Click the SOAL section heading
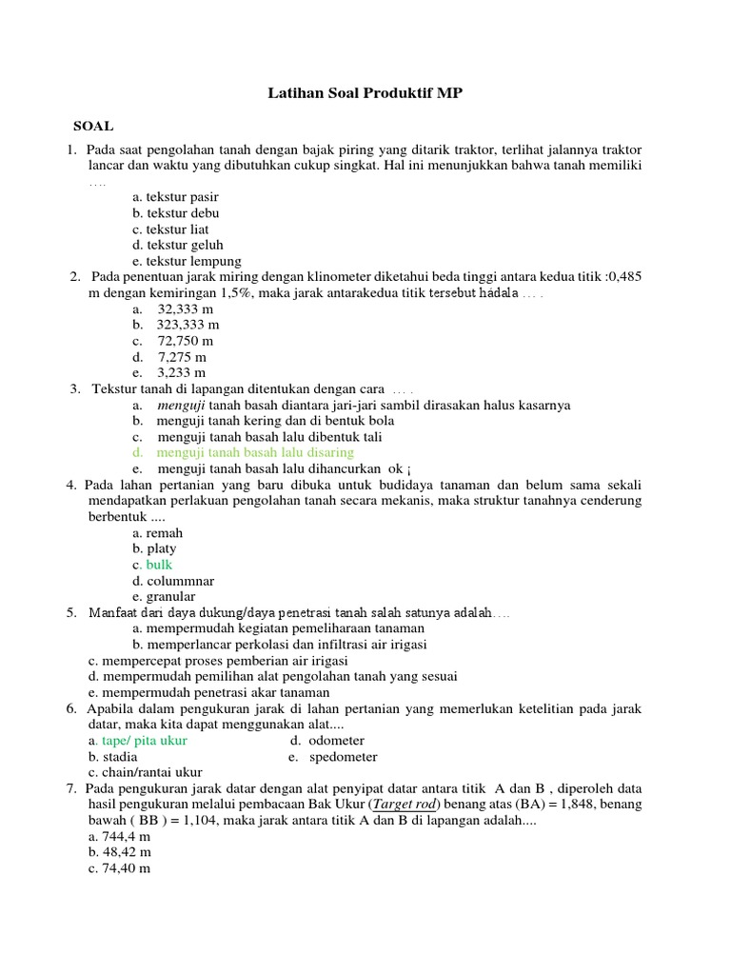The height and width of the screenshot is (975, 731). pos(93,126)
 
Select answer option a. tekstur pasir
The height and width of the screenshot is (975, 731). pos(175,197)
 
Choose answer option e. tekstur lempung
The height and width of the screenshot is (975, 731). pos(187,261)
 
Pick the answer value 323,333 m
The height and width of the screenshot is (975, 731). pos(188,325)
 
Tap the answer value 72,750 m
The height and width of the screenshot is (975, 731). pos(185,341)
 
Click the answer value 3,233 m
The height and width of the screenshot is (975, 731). pos(181,373)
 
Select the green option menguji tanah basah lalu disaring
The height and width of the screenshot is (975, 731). pos(254,452)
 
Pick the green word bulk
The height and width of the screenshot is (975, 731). pos(161,565)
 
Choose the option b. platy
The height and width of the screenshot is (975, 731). pos(154,548)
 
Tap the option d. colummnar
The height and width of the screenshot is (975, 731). pos(173,581)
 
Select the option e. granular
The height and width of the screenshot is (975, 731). pos(164,597)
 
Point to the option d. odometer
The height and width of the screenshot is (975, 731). pos(327,740)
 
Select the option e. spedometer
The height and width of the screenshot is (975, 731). pos(332,757)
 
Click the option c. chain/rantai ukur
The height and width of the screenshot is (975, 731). pos(145,772)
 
